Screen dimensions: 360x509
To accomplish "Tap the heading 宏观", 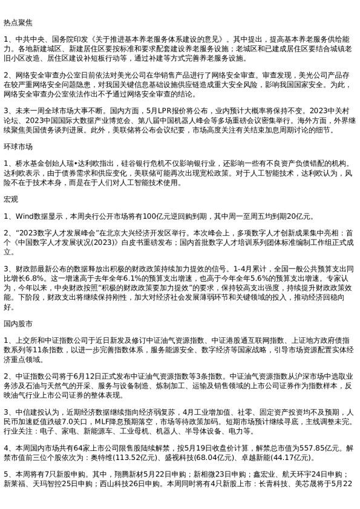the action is [x=11, y=199].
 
